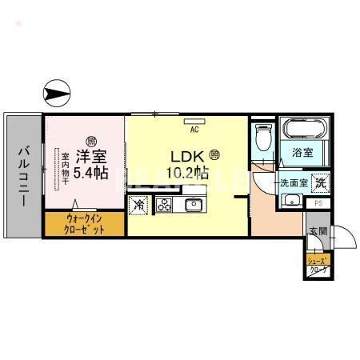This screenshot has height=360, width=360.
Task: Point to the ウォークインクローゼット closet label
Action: tap(85, 223)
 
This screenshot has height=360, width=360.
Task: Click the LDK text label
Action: tap(186, 156)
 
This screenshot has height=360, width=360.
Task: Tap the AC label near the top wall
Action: tap(194, 125)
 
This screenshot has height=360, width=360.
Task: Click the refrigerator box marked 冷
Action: tap(138, 205)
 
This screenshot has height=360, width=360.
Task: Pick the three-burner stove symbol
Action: tap(165, 205)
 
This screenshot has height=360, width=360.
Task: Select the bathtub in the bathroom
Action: tap(300, 130)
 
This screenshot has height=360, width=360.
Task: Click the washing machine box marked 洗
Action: tap(318, 182)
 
